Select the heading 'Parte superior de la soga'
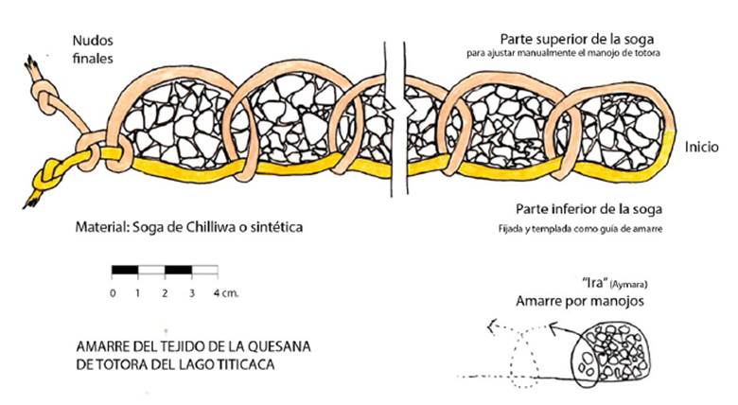(577, 39)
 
